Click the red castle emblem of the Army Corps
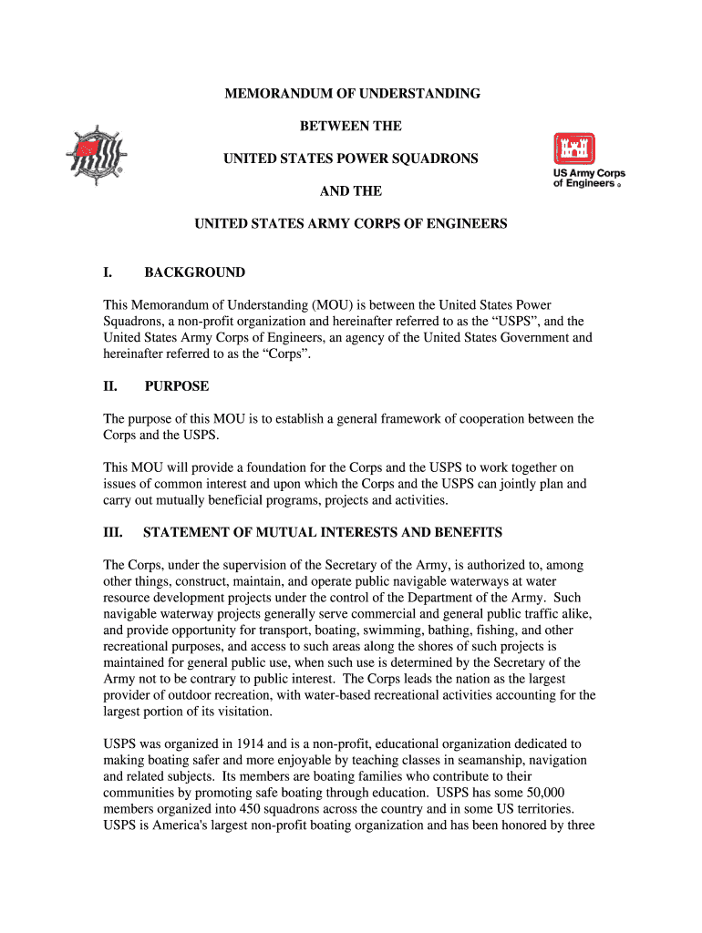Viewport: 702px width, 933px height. (574, 150)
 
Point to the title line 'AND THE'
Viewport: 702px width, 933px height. (351, 191)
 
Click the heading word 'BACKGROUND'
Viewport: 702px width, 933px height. (194, 272)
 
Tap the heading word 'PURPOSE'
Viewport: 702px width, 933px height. (176, 386)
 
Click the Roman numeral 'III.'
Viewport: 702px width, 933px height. (114, 532)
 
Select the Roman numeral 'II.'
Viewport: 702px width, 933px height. (111, 386)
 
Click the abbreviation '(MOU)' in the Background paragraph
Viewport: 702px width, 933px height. (335, 305)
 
